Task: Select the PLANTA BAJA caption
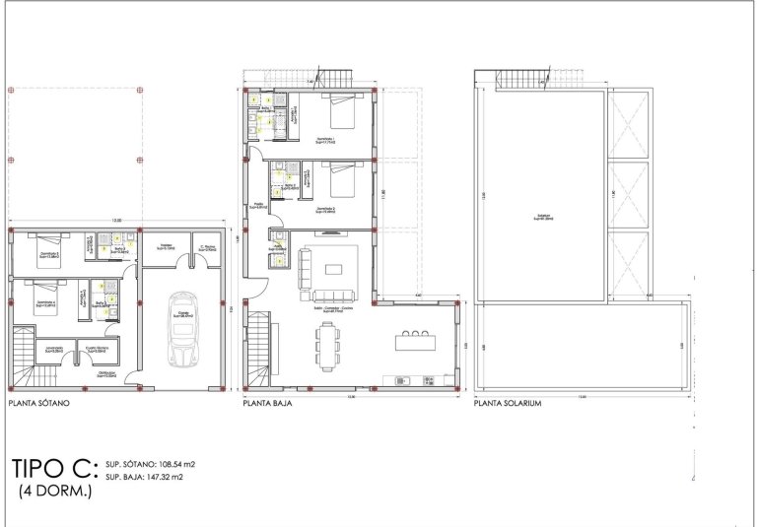(269, 403)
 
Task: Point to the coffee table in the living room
(335, 269)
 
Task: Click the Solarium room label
(540, 219)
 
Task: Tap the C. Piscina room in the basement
(207, 250)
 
